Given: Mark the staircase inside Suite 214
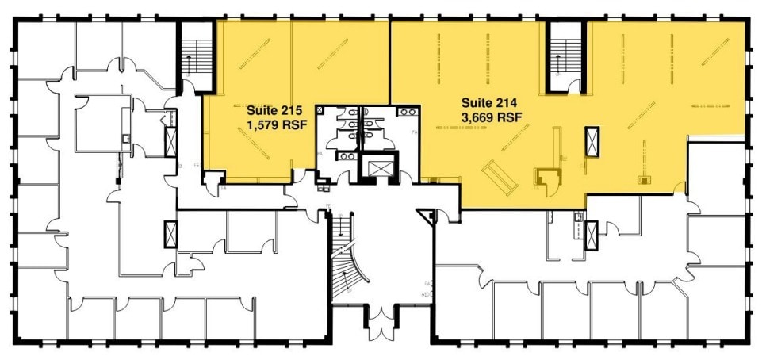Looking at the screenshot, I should click(566, 57).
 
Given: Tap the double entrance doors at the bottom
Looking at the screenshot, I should click(380, 321).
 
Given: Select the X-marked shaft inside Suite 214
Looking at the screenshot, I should click(592, 141).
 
